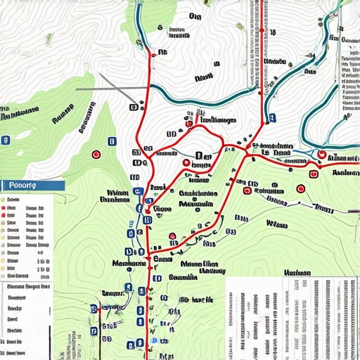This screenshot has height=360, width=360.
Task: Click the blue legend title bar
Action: pos(32,185)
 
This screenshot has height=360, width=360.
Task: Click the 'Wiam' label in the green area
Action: pos(278,223)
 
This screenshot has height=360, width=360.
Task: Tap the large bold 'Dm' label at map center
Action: pos(203,156)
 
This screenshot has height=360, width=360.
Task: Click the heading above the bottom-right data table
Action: pos(298,272)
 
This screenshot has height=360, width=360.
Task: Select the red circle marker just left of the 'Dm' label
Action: pos(186,163)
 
